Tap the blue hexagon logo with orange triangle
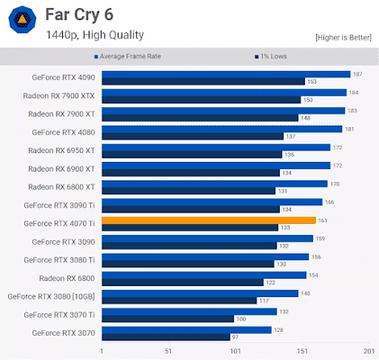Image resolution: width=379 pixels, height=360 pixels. click(21, 24)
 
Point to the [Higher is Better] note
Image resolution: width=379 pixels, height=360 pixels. click(342, 38)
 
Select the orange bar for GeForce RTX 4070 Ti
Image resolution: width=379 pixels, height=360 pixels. click(208, 220)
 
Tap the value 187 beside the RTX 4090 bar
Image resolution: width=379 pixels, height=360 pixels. click(357, 74)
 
